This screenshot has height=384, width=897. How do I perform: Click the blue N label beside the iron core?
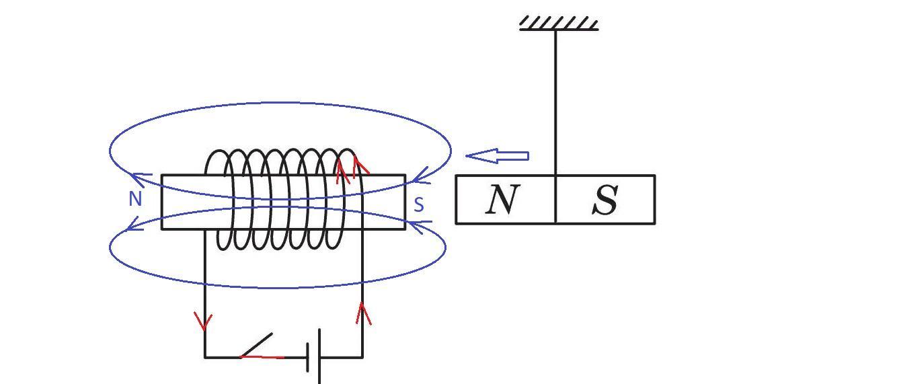pyautogui.click(x=135, y=198)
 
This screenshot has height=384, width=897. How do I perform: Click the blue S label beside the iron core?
pyautogui.click(x=419, y=204)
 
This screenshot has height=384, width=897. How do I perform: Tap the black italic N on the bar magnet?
pyautogui.click(x=502, y=199)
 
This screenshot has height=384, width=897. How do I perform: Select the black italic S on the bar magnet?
pyautogui.click(x=605, y=200)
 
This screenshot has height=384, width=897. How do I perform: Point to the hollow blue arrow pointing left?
pyautogui.click(x=497, y=156)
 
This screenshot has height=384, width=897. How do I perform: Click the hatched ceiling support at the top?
pyautogui.click(x=559, y=24)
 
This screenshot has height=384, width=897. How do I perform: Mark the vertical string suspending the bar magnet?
pyautogui.click(x=555, y=102)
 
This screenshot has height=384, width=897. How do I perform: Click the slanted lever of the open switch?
pyautogui.click(x=256, y=345)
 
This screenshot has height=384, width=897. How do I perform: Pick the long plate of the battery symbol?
pyautogui.click(x=319, y=356)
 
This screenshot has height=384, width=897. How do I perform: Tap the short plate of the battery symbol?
pyautogui.click(x=307, y=357)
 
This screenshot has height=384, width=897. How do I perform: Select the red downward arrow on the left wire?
pyautogui.click(x=204, y=321)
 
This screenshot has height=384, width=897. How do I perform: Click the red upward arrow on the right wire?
pyautogui.click(x=363, y=313)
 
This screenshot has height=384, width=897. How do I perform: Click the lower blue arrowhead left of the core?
pyautogui.click(x=134, y=224)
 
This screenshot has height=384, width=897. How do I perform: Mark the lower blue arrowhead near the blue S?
pyautogui.click(x=421, y=226)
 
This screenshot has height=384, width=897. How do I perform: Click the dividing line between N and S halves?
pyautogui.click(x=555, y=199)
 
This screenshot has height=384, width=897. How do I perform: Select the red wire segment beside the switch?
pyautogui.click(x=262, y=356)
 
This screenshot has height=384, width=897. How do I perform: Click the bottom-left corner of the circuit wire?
pyautogui.click(x=205, y=357)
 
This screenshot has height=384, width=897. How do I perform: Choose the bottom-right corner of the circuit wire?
pyautogui.click(x=362, y=357)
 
